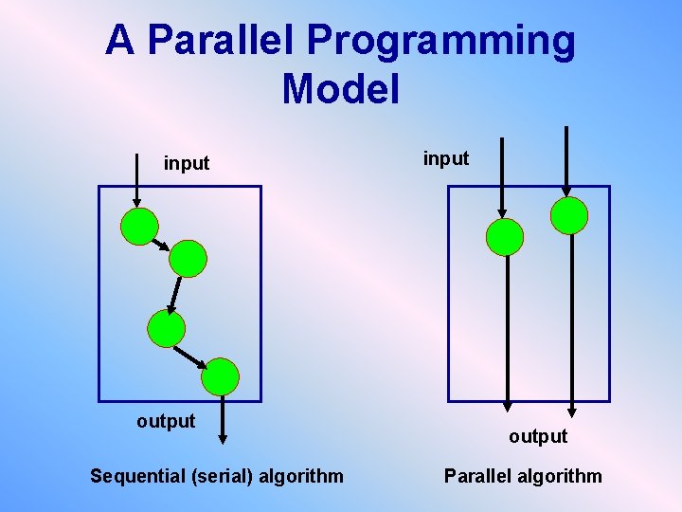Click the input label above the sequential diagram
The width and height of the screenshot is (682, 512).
tap(187, 163)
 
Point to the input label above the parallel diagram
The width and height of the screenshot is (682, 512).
tap(445, 158)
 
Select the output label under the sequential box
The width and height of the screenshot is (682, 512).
tap(166, 421)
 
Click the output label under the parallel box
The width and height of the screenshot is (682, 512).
tap(537, 436)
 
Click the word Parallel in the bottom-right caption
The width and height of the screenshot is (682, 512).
tap(481, 476)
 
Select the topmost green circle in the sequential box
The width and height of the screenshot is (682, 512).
tap(139, 227)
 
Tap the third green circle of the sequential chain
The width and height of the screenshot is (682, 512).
tap(167, 328)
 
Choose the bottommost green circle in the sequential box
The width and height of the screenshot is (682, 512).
tap(221, 376)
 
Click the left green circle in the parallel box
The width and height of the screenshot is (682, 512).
tap(504, 237)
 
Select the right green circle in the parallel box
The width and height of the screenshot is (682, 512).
tap(569, 215)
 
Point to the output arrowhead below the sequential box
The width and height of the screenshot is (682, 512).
tap(222, 438)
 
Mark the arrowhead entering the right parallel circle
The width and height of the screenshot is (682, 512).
tap(566, 190)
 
